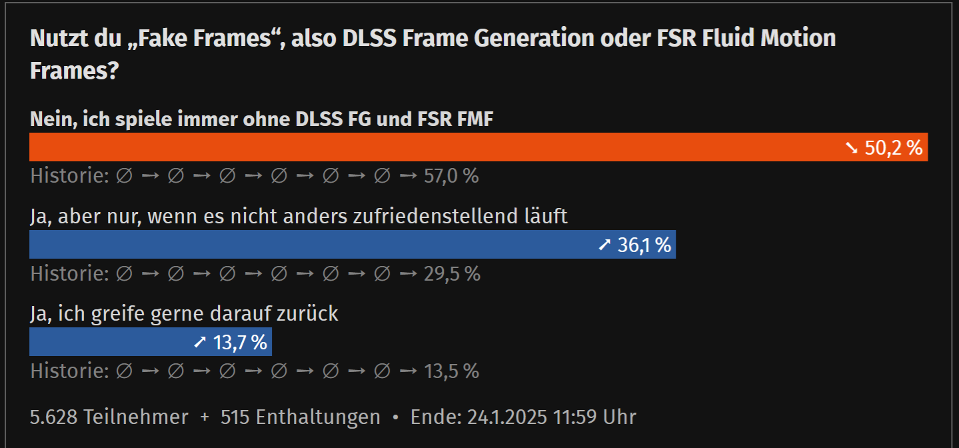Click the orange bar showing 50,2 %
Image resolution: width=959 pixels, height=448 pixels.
click(x=433, y=147)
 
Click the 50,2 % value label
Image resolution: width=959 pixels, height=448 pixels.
click(x=893, y=148)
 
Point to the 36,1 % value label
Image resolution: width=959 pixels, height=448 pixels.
click(x=644, y=245)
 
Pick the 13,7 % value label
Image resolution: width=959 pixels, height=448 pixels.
click(x=240, y=343)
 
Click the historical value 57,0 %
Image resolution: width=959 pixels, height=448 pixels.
click(x=451, y=176)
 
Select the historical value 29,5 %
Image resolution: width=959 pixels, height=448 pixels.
click(x=452, y=273)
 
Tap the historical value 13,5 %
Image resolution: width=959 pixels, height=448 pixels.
click(x=451, y=371)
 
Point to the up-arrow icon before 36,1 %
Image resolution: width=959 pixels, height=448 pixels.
click(x=604, y=245)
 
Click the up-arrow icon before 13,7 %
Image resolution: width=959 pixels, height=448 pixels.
click(x=200, y=343)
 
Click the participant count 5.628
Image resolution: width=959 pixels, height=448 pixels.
click(x=54, y=417)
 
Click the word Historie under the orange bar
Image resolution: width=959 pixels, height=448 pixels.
click(x=69, y=176)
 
